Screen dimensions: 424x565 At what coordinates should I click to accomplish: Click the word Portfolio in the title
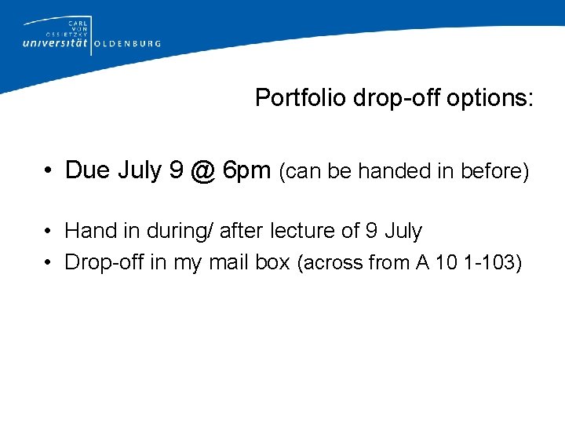pos(301,98)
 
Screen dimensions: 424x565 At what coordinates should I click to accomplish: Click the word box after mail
pos(273,262)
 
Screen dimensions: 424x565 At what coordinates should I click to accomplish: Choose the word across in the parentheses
pos(330,263)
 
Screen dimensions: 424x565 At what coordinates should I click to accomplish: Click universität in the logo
pos(56,44)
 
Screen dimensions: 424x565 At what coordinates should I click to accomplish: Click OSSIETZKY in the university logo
pos(69,34)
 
